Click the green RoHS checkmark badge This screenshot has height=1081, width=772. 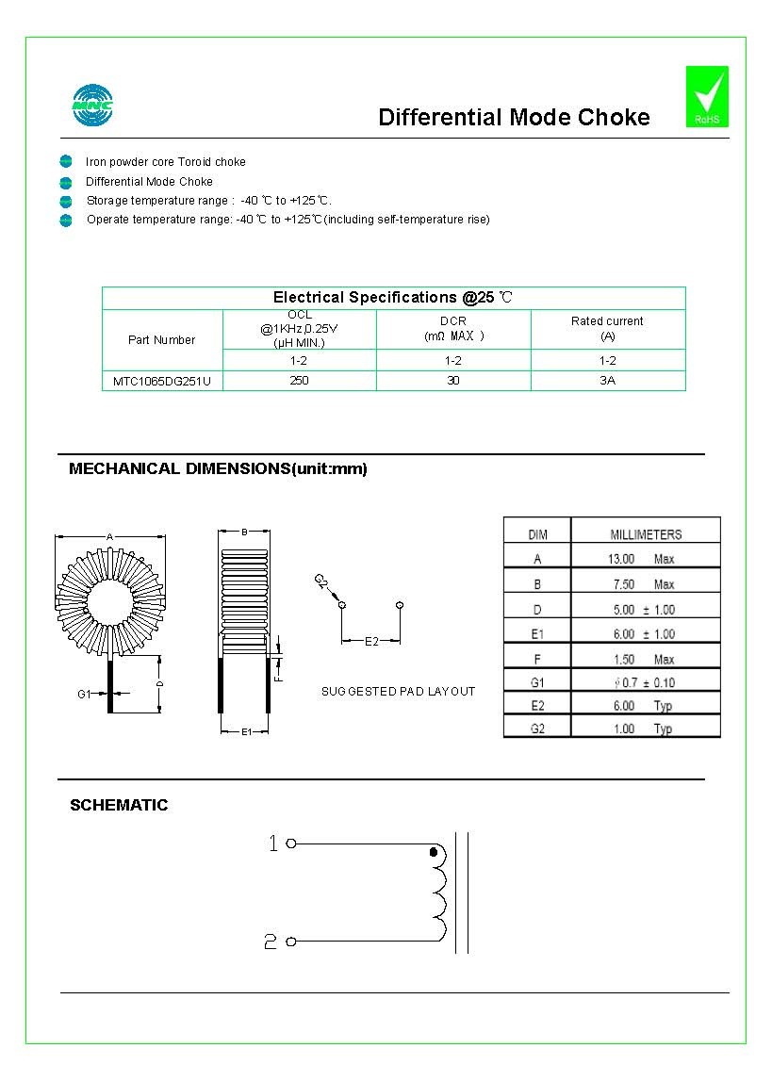coord(707,96)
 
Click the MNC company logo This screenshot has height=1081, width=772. coord(92,106)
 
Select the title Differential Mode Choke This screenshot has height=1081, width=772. coord(514,117)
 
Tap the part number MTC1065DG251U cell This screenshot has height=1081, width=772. coord(162,382)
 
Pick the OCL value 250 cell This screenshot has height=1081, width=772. coord(300,381)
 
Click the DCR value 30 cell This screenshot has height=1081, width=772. coord(453,381)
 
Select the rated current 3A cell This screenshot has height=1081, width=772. coord(608,381)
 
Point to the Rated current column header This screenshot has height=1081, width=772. coord(607,328)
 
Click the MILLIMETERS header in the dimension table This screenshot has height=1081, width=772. coord(646,534)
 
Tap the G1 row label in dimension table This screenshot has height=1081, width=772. coord(537,681)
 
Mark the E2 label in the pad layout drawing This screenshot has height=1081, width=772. coord(371,642)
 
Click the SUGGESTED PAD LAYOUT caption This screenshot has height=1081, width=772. coord(398,692)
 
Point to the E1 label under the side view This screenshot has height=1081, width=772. coord(245,731)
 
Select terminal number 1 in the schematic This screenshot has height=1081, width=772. coord(274,844)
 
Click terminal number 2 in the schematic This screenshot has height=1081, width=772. coord(271,942)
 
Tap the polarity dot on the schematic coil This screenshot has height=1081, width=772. coord(434,852)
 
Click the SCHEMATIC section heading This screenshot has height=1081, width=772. coord(119,805)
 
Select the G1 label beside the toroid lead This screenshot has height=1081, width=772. coord(84,694)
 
